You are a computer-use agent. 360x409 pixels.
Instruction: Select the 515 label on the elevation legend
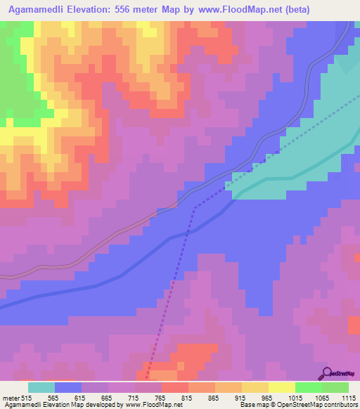point(26,398)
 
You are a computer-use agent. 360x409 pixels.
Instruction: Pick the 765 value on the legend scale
point(160,398)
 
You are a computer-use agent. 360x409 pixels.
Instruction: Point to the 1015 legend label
point(294,398)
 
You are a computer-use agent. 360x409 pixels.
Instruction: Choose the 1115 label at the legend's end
point(347,398)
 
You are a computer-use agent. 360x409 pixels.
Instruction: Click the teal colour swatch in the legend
point(41,387)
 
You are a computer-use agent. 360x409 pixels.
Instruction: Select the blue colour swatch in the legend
point(68,387)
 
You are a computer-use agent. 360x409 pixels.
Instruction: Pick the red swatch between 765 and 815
point(175,387)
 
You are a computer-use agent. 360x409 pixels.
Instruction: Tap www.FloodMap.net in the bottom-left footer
point(148,405)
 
